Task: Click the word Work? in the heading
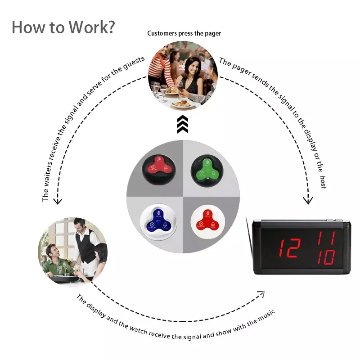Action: pos(92,27)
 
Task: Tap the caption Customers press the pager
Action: pos(184,33)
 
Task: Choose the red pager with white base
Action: pos(207,220)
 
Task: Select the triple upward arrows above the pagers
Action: pos(182,124)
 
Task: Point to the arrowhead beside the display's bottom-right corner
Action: pos(261,294)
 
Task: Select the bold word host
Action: pos(323,182)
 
